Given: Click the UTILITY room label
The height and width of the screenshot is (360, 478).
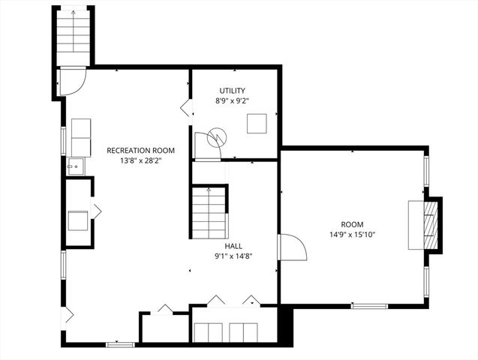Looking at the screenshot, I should point(232,91).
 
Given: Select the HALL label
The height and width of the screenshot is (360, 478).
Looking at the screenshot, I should point(233,245).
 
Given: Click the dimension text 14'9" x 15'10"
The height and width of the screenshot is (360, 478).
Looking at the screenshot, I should point(353,235).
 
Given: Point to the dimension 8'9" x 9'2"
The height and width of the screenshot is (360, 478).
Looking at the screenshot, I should point(232,100).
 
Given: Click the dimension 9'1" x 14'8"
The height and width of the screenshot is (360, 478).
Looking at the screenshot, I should point(233,255).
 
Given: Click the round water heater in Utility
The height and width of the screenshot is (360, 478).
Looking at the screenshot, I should point(217,137).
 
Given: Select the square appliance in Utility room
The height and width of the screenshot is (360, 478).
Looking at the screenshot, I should point(258,123).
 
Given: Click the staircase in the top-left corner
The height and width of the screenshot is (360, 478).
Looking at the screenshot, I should point(73,37).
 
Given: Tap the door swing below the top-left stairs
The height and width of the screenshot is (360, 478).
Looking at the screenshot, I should point(73,81).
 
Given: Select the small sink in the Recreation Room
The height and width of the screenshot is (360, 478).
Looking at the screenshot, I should point(74,166).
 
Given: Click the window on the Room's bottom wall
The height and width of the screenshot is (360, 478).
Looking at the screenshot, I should point(369,306).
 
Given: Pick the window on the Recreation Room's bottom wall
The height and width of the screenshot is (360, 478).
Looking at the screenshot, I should point(119,344).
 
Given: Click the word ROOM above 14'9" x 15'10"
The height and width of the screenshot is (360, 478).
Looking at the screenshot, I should point(352,224).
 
